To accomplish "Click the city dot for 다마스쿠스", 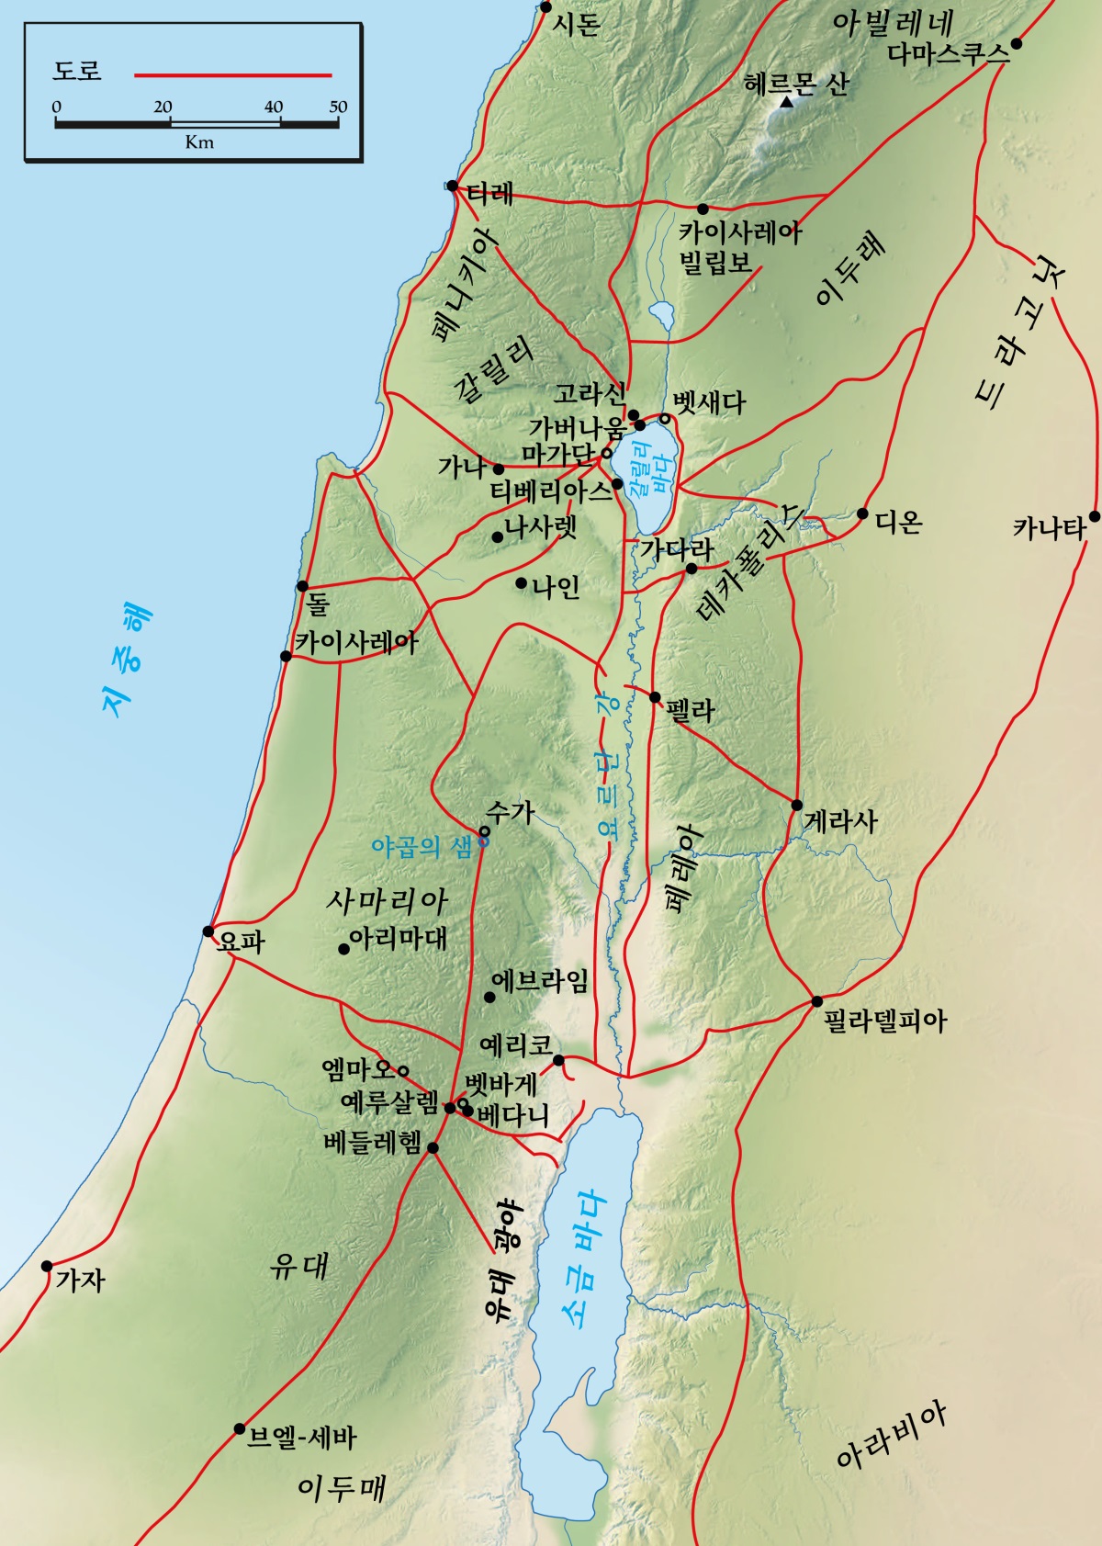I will click(x=1016, y=43).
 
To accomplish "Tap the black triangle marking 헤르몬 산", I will click(x=786, y=103).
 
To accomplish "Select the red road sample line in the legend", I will click(x=233, y=75).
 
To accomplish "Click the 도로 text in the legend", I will click(x=77, y=72).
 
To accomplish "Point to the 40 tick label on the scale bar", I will click(x=274, y=107).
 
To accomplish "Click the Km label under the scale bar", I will click(x=199, y=142).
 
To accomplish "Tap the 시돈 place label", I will click(x=577, y=24).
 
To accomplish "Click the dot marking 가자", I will click(x=47, y=1267).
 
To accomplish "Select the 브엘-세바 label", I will click(x=302, y=1438).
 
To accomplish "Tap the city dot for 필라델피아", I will click(x=816, y=1001).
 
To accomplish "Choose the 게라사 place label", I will click(x=841, y=820).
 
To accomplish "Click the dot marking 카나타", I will click(x=1095, y=516).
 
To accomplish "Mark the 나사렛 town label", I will click(x=541, y=527).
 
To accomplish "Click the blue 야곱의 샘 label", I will click(x=421, y=846).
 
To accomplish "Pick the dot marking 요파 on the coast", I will click(x=208, y=931).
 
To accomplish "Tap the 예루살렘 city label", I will click(x=389, y=1102).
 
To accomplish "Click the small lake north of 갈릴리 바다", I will click(x=662, y=315).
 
